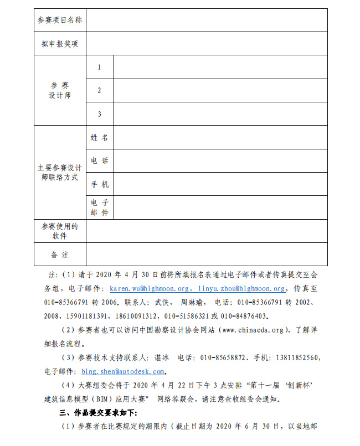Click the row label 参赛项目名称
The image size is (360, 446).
coord(60,20)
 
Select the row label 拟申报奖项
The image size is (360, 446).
coord(60,44)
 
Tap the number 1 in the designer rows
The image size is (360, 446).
coord(100,67)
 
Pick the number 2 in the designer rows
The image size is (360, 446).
coord(100,90)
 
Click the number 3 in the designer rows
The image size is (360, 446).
coord(100,114)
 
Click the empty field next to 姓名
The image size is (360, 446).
coord(220,137)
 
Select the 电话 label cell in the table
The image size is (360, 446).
coord(100,161)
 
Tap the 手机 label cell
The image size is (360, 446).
coord(100,184)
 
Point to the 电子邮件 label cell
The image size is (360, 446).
coord(100,208)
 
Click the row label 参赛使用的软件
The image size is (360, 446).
coord(60,231)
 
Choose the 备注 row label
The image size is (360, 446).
coord(60,255)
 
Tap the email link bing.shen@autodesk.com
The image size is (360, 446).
coord(123,371)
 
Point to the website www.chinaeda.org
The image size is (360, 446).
coord(253,330)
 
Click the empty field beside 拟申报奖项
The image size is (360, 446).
coord(206,44)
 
